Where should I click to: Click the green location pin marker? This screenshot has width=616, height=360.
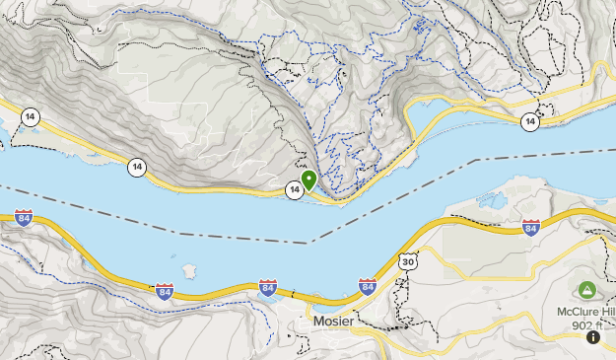pos(308,180)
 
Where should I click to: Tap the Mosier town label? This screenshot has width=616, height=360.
pos(333,322)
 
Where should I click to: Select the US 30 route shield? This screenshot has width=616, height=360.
pos(408,262)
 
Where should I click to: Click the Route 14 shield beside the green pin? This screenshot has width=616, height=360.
pos(294,189)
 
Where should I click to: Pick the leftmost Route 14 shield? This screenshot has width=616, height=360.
pos(33,115)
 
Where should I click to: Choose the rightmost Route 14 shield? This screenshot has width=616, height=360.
pos(530,121)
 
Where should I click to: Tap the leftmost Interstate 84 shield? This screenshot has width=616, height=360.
pos(24,218)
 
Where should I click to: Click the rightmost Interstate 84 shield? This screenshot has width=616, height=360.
pos(530,229)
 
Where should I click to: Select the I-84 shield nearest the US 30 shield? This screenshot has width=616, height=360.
pos(368,287)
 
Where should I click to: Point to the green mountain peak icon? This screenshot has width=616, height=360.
pos(587,290)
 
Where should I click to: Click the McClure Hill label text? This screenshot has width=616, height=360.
pos(585,312)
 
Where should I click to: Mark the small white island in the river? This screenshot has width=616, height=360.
pos(187,268)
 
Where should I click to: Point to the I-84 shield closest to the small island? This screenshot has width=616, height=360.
pos(165,291)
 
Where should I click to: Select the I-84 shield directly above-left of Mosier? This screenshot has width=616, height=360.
pos(267,288)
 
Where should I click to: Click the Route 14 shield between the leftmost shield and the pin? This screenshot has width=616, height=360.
pos(136,168)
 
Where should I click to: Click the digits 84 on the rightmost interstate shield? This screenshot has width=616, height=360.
pos(530,230)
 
